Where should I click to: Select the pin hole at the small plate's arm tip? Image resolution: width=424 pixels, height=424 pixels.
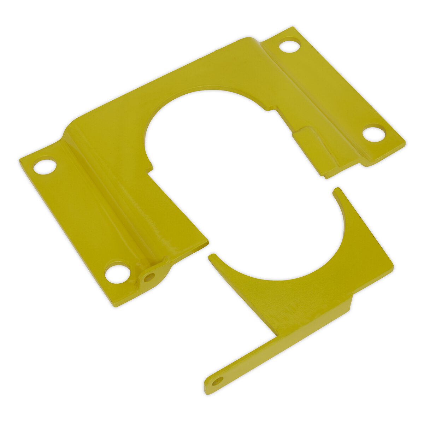pyautogui.click(x=218, y=381)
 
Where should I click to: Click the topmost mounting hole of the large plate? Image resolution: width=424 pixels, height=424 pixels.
pyautogui.click(x=289, y=46)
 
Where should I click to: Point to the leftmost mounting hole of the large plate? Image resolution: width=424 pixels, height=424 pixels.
pyautogui.click(x=45, y=166)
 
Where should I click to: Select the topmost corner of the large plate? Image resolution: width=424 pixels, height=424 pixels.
pyautogui.click(x=293, y=28)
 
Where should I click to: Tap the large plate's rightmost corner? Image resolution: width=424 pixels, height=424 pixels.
pyautogui.click(x=405, y=143)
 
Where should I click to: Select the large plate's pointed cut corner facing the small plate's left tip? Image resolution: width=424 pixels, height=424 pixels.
pyautogui.click(x=207, y=242)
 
